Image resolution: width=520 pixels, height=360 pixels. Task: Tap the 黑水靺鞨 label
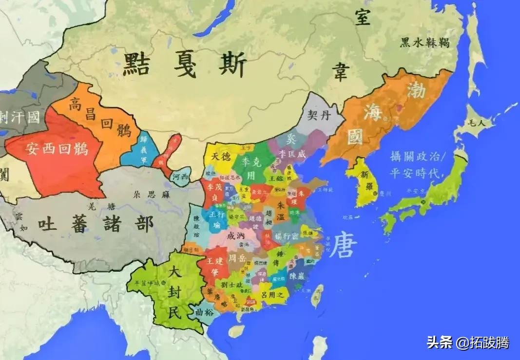[424, 43]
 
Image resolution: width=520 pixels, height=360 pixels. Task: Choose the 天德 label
[221, 157]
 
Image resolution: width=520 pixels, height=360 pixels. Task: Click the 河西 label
[180, 178]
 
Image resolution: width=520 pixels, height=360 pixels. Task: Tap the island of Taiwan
[317, 296]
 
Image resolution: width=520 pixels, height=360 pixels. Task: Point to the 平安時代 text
[417, 173]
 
